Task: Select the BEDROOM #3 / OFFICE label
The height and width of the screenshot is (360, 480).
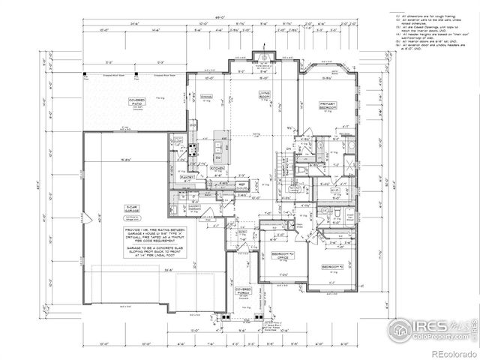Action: (280, 257)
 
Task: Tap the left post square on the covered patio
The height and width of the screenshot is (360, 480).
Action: (85, 75)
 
